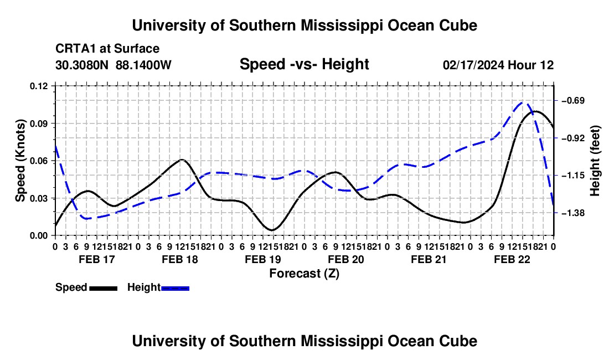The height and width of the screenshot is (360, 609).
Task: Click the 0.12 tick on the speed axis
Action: (38, 86)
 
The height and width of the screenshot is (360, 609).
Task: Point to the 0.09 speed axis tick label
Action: (38, 124)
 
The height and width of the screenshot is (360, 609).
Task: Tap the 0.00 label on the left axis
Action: (38, 236)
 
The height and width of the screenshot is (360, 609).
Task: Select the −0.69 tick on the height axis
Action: (573, 101)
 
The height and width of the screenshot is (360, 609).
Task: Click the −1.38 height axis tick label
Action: (573, 213)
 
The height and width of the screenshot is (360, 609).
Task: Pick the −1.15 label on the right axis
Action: (573, 176)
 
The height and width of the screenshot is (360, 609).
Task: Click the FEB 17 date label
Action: (97, 259)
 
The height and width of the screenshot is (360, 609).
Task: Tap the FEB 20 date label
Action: (345, 259)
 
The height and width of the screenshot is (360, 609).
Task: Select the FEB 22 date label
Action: (512, 259)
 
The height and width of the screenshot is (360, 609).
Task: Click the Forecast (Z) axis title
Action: (304, 274)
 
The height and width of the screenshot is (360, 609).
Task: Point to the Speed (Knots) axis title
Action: (20, 161)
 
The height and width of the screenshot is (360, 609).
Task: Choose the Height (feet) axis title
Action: (595, 161)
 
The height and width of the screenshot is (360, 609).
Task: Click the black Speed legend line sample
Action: (104, 289)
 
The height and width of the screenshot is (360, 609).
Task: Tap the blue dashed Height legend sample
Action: (175, 289)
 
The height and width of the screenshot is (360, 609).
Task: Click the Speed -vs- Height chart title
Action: (304, 64)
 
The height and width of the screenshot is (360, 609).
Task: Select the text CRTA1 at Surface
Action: (107, 49)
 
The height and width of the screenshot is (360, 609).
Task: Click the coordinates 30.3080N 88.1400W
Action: (113, 65)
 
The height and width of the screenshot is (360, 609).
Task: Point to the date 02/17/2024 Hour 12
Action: (498, 65)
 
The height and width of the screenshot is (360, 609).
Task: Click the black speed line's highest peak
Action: (535, 111)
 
